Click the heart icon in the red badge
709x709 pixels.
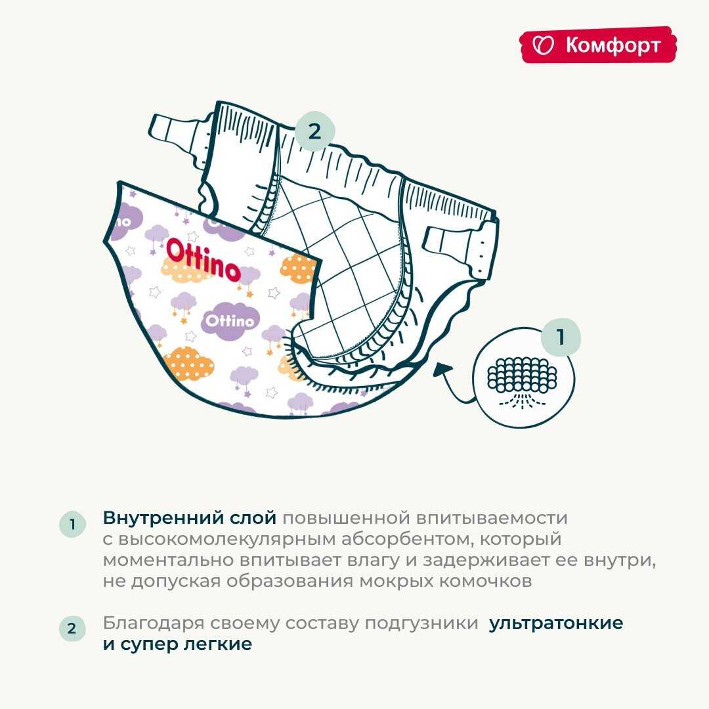543,45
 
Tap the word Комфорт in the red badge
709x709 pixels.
613,45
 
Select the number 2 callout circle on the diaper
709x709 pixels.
314,131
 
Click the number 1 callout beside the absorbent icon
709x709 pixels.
561,337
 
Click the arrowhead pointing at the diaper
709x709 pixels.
441,368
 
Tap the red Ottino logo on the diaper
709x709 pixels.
203,260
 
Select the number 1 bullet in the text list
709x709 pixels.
72,524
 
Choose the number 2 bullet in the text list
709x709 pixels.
72,628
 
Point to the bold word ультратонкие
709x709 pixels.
556,623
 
